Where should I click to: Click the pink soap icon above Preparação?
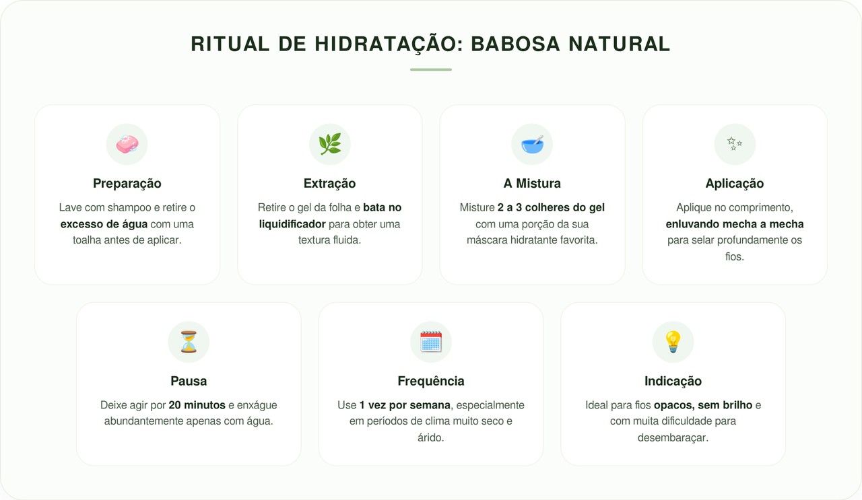[127, 144]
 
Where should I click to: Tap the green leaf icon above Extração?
[330, 144]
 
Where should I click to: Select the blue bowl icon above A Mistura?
[532, 144]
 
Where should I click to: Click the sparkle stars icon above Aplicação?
[735, 144]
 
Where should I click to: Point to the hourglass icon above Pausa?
[189, 342]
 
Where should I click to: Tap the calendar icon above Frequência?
[431, 342]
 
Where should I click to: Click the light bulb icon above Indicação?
[673, 342]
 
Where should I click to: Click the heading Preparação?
[127, 184]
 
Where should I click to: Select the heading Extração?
[330, 184]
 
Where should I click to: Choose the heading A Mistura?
[532, 184]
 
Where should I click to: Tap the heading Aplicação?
[735, 184]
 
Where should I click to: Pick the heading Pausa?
[189, 382]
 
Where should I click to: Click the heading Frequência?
[431, 382]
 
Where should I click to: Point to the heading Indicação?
[673, 382]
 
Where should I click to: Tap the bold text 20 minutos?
[197, 405]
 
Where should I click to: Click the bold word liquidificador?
[292, 224]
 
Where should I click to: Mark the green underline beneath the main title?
[431, 69]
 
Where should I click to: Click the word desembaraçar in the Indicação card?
[672, 437]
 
